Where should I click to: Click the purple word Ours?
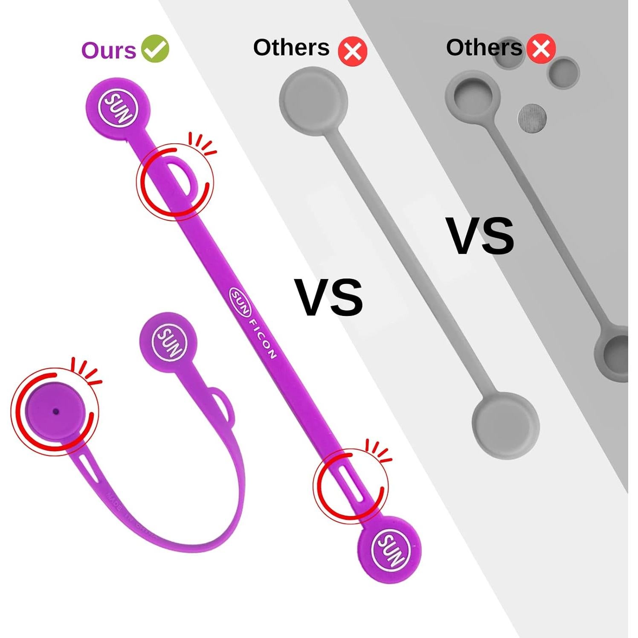coord(108,50)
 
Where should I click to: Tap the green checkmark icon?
coord(155,49)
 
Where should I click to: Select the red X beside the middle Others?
coord(352,51)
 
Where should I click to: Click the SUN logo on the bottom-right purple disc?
coord(390,549)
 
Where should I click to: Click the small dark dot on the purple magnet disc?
coord(56,412)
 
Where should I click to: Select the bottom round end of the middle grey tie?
coord(506,425)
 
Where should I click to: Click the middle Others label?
coord(291,47)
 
